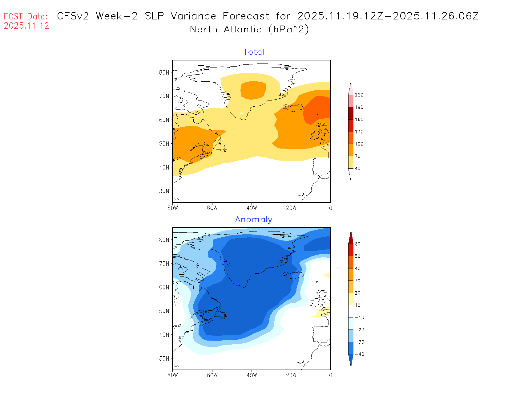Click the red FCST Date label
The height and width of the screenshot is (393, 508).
[26, 16]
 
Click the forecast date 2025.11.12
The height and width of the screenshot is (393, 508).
[26, 26]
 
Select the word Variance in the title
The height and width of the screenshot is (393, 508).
[193, 16]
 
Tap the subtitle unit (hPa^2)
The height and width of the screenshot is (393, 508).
[288, 29]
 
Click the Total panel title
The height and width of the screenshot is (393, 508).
[254, 52]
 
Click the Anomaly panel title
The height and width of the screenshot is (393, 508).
[254, 219]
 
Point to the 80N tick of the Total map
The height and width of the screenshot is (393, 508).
[164, 72]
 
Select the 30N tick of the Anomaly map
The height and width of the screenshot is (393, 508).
[164, 358]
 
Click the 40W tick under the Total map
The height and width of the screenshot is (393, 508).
[252, 208]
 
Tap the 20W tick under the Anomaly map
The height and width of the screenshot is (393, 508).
[291, 375]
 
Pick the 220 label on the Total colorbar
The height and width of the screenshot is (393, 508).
[359, 95]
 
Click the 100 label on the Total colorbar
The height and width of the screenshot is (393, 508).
[359, 144]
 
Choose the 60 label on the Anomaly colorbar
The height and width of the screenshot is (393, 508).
[357, 244]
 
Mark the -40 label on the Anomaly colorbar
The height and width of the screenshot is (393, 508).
[359, 354]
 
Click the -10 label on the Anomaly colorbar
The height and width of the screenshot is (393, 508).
[359, 317]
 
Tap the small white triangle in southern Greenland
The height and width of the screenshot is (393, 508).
[242, 113]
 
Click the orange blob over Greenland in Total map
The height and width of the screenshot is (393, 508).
[253, 90]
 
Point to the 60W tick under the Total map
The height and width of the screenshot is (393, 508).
[212, 208]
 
